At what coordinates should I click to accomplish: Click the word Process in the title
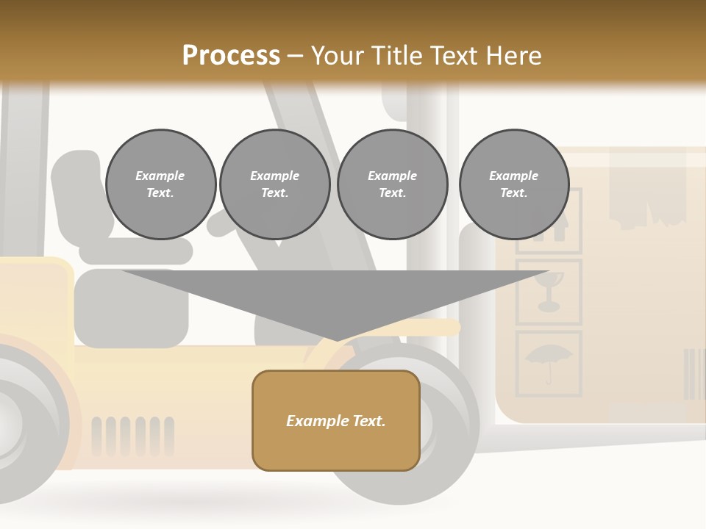[231, 56]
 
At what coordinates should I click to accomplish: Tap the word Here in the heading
[513, 56]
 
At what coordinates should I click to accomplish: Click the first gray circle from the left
[160, 184]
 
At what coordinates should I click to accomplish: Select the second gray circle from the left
[274, 184]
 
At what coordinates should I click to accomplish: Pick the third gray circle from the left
[392, 184]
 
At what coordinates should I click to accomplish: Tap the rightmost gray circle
[513, 184]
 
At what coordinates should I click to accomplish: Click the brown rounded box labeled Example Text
[336, 420]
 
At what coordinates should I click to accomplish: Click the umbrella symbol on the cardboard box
[549, 361]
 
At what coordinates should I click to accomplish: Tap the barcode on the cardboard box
[693, 373]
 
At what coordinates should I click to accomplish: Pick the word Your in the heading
[339, 56]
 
